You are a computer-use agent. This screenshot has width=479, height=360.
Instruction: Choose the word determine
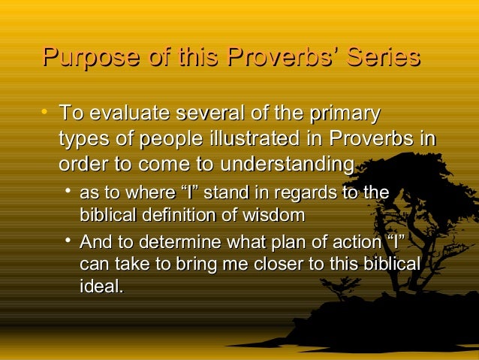point(179,243)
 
